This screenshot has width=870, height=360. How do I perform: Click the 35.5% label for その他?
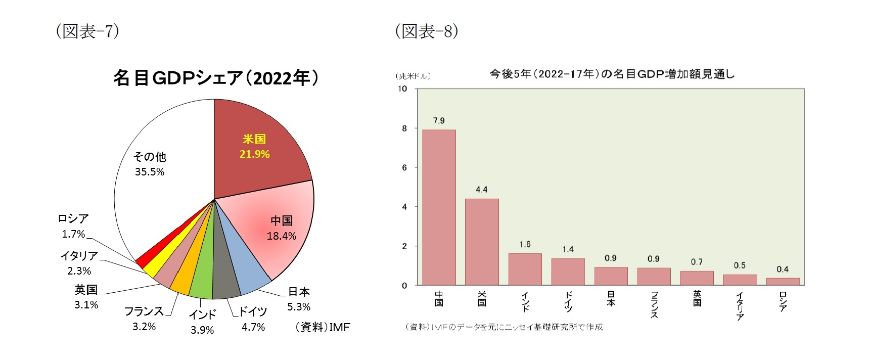point(150,172)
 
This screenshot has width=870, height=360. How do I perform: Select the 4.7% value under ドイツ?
point(253,327)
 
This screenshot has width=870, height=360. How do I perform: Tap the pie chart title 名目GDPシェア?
point(216,78)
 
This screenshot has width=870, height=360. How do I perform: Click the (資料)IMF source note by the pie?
point(323,327)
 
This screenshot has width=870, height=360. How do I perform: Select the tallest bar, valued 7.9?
point(439,207)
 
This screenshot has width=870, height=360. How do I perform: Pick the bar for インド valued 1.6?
point(525,269)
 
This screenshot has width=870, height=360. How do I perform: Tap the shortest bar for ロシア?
point(783,282)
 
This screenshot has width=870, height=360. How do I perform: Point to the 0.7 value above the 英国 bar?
point(697,262)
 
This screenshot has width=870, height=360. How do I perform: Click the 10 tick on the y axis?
point(402,88)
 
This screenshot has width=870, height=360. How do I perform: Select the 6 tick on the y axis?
point(404,167)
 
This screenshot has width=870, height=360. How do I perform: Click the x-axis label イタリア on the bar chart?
point(740,306)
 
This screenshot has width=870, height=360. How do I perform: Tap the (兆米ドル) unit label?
point(413,76)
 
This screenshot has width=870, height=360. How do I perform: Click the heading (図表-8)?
point(427,31)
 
